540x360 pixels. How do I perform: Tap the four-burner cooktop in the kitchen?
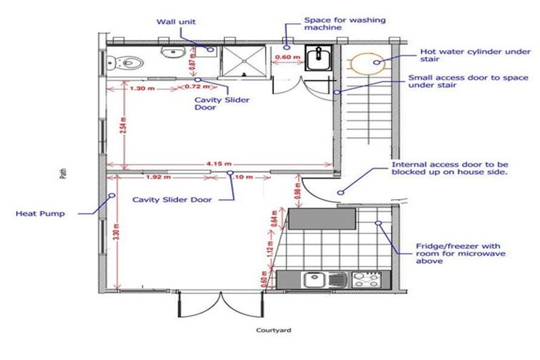click(366, 279)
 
